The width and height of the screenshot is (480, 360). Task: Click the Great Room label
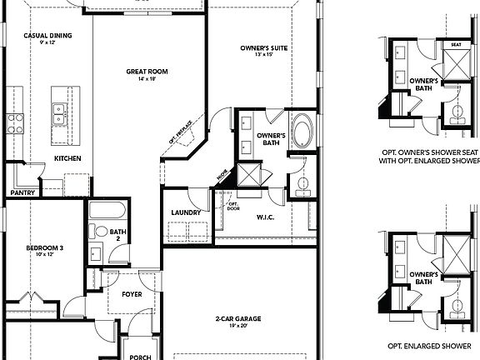pyautogui.click(x=147, y=72)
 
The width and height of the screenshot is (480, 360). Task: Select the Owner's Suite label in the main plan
pyautogui.click(x=264, y=49)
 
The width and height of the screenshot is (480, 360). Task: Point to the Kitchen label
pyautogui.click(x=67, y=157)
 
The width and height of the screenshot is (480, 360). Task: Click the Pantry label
pyautogui.click(x=22, y=192)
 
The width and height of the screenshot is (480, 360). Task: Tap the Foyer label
pyautogui.click(x=131, y=294)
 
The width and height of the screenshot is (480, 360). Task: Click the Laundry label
pyautogui.click(x=185, y=212)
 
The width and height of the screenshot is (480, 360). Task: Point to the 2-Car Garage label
pyautogui.click(x=232, y=318)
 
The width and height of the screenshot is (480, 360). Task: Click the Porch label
pyautogui.click(x=140, y=356)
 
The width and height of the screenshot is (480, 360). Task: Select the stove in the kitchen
pyautogui.click(x=15, y=125)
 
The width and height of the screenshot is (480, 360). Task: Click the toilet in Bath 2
pyautogui.click(x=100, y=231)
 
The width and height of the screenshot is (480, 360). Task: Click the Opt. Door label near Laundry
pyautogui.click(x=232, y=206)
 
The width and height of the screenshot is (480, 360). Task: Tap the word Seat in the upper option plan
pyautogui.click(x=457, y=44)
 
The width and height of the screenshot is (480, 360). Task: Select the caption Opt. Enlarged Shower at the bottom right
pyautogui.click(x=430, y=344)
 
